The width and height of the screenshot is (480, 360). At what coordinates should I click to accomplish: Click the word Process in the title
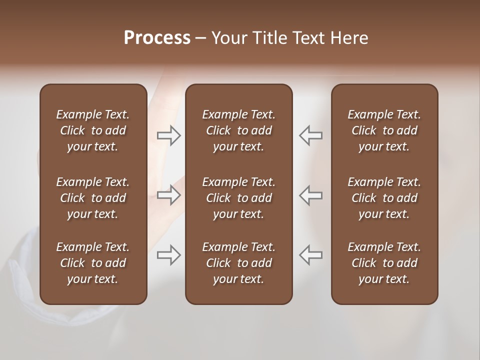[157, 38]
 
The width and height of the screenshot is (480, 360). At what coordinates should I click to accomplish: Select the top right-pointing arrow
[169, 135]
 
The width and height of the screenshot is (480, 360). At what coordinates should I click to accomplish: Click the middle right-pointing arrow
[169, 195]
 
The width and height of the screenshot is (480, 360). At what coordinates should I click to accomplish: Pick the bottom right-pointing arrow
[169, 255]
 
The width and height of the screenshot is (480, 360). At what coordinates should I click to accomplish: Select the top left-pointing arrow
[310, 135]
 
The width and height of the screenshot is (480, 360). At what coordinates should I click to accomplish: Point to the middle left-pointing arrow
[310, 195]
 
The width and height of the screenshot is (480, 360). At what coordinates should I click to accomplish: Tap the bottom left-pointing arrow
[310, 255]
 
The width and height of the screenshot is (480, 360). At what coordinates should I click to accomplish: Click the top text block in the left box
[93, 130]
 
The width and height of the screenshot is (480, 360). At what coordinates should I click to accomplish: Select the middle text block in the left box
[93, 198]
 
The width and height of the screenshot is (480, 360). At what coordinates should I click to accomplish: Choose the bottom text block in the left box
[93, 263]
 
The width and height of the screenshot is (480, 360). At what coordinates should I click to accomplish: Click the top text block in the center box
[238, 130]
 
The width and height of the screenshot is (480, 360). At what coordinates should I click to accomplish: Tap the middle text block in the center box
[238, 198]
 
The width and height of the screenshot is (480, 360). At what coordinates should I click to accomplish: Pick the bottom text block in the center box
[238, 263]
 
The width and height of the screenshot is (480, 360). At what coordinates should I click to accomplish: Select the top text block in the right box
[384, 130]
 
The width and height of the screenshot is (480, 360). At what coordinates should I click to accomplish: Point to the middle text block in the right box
[384, 198]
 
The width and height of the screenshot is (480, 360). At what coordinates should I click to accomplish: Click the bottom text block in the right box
[384, 263]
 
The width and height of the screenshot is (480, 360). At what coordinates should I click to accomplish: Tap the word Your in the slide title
[229, 38]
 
